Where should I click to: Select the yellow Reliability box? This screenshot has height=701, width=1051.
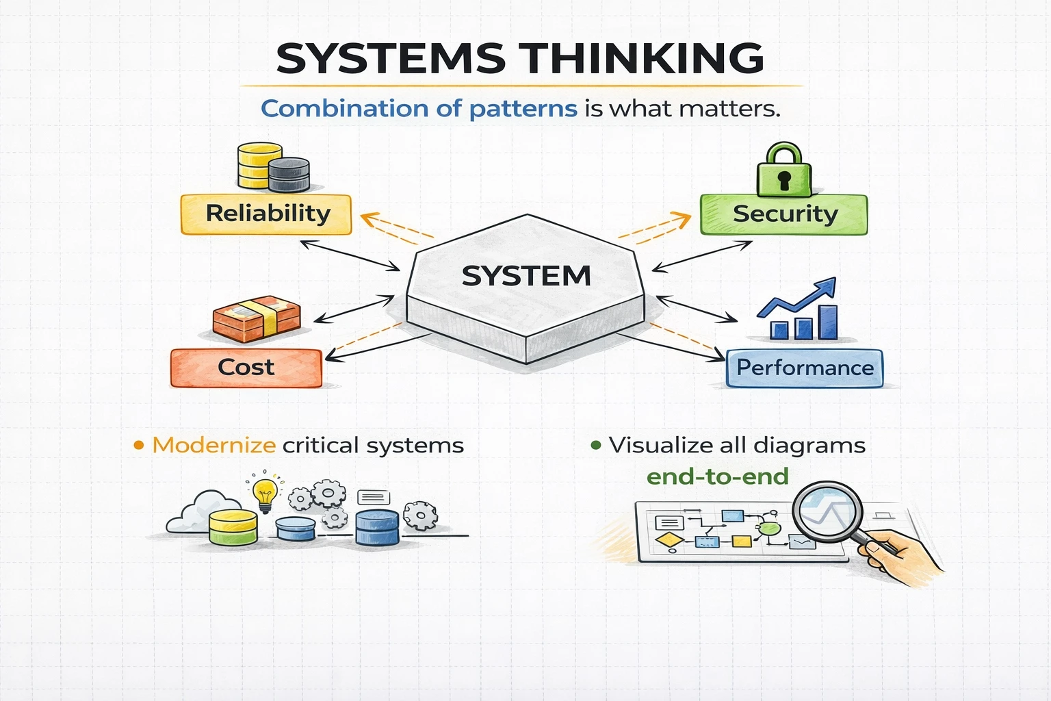pos(266,214)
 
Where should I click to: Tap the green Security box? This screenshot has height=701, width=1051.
pos(784,214)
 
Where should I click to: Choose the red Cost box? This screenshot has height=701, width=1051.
pos(246,368)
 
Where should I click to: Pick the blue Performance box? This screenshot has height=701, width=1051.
pos(805,368)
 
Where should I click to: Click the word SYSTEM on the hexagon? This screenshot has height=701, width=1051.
pos(526,276)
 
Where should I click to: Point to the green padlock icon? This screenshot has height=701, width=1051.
pos(783,171)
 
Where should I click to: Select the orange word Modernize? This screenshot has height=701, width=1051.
pos(213,446)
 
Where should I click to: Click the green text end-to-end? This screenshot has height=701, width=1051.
pos(717,476)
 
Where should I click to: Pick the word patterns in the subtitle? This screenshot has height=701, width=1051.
pos(523,109)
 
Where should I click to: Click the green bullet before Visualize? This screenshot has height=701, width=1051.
pos(596,446)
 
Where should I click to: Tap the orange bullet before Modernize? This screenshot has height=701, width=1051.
pos(139,446)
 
